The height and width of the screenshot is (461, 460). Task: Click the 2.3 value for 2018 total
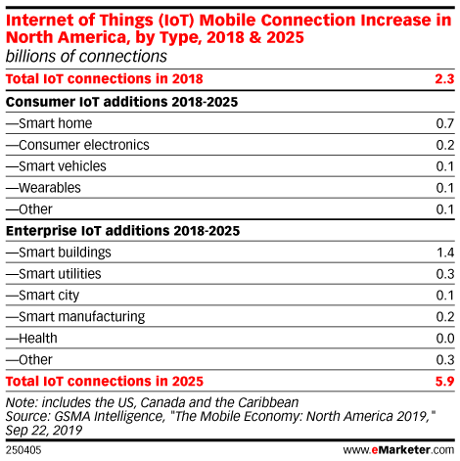pos(444,79)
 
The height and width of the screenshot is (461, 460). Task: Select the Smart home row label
pos(49,123)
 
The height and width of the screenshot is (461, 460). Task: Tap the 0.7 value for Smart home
pos(445,123)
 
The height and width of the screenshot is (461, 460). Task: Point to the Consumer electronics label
pos(77,145)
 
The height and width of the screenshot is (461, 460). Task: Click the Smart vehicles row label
pos(56,166)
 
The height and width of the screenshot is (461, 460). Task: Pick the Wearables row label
pos(43,188)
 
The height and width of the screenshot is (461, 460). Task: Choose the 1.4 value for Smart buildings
pos(445,253)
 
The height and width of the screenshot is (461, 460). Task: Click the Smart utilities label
pos(54,274)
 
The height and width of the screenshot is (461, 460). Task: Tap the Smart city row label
pos(42,296)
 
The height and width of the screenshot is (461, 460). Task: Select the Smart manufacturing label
pos(75,317)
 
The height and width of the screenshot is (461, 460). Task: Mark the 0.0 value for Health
pos(445,339)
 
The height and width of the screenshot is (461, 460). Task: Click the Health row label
pos(31,339)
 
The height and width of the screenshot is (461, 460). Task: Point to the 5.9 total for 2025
pos(444,381)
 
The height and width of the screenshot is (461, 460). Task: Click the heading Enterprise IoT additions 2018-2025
pos(123,231)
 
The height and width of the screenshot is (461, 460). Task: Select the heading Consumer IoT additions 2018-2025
pos(122,102)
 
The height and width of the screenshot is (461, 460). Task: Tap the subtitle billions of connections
pos(86,57)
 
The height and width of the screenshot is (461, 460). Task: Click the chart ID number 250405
pos(23,450)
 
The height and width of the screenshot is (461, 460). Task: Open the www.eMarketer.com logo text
pos(398,450)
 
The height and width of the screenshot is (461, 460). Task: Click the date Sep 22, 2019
pos(44,431)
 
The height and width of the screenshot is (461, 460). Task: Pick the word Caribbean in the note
pos(268,402)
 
